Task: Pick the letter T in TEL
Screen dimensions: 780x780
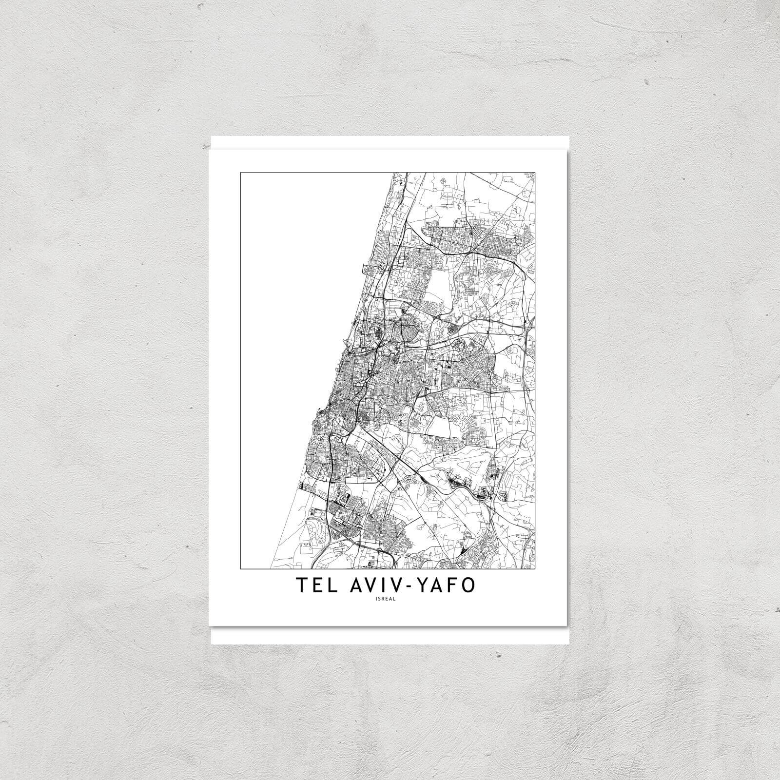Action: coord(300,586)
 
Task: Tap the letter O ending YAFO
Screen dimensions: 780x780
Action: coord(468,586)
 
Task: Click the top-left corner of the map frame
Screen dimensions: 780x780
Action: coord(240,172)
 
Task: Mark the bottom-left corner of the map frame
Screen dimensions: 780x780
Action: coord(240,569)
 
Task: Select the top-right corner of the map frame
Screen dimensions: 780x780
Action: coord(535,172)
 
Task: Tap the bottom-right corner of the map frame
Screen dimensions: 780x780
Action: coord(535,569)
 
